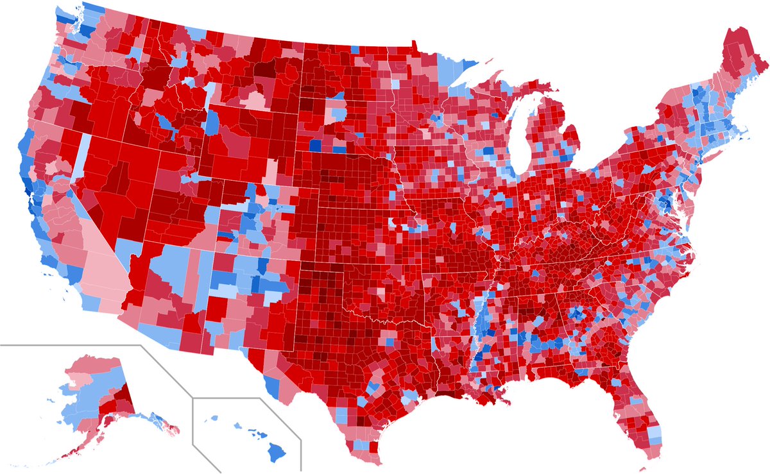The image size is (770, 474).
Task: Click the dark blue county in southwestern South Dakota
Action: [315, 146]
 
